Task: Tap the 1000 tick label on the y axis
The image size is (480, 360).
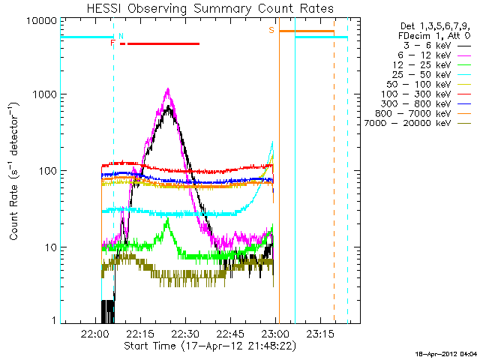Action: [x=42, y=95]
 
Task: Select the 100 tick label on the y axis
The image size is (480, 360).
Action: [x=45, y=171]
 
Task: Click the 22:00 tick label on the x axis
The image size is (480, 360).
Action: [x=96, y=333]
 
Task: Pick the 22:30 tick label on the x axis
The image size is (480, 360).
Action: [x=184, y=333]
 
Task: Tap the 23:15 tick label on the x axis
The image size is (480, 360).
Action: [x=317, y=333]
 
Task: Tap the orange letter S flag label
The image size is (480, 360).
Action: [x=271, y=30]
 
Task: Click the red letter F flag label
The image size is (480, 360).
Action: [x=112, y=43]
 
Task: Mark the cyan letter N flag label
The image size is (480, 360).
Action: [x=121, y=36]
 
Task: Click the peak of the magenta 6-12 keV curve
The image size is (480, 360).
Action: [x=167, y=90]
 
